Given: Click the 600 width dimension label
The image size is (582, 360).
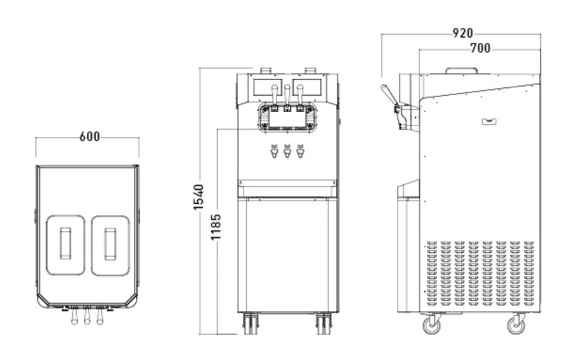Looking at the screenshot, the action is point(90,136).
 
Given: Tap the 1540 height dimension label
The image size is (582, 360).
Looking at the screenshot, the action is point(199,197).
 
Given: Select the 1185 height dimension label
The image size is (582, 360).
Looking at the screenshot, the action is point(216,227).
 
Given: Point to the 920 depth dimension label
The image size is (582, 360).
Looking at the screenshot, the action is point(463,33).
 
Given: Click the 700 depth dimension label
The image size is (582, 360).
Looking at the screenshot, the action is point(480,48).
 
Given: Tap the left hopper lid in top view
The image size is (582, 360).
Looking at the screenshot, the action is point(65,245).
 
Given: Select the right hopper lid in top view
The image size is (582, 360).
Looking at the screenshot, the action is point(110,245).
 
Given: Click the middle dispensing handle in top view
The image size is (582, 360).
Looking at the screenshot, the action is point(87,316).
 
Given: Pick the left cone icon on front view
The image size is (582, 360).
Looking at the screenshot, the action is point(274,151).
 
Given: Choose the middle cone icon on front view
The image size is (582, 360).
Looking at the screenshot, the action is point(287,151).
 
